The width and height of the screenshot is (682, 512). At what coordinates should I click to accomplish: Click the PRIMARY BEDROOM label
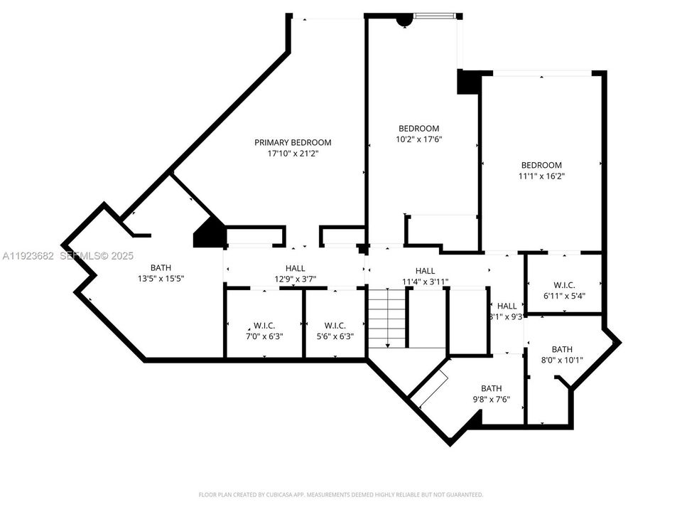point(293,142)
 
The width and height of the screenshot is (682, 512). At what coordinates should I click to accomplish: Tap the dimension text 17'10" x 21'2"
point(293,154)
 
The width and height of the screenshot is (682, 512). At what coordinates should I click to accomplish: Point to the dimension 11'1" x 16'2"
point(541,176)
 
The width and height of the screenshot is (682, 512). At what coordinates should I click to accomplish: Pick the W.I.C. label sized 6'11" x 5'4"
point(564,284)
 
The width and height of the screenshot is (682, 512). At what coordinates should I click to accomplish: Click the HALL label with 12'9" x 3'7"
point(295,268)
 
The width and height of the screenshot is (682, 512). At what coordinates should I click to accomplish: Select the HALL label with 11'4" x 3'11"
point(425,271)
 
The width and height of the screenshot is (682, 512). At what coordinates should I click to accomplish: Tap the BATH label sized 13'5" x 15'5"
point(161,268)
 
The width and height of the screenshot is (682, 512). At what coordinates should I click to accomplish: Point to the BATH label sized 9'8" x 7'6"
point(491,388)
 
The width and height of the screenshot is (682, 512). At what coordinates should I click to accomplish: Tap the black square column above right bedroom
point(468,82)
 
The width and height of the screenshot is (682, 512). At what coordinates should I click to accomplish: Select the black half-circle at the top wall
point(404,21)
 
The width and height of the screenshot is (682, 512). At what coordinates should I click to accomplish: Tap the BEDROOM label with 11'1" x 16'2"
point(541,165)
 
